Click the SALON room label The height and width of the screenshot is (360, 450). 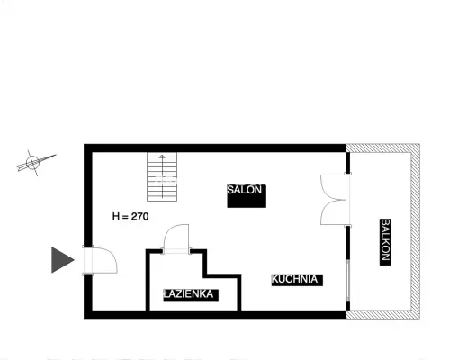[245, 190]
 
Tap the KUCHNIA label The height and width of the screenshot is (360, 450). [294, 279]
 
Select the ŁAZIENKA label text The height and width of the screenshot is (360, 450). [188, 294]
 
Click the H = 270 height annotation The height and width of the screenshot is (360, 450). [130, 216]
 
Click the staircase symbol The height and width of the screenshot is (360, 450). [162, 176]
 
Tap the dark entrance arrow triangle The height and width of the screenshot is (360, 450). [63, 260]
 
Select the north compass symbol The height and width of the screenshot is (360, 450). [35, 163]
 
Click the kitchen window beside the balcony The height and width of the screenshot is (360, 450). [348, 280]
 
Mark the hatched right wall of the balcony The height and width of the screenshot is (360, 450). [416, 231]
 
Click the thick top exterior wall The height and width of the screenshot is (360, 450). [215, 148]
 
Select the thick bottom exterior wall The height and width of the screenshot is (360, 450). [215, 314]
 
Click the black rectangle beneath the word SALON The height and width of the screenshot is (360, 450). [247, 202]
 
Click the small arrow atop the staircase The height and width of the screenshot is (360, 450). [162, 157]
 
